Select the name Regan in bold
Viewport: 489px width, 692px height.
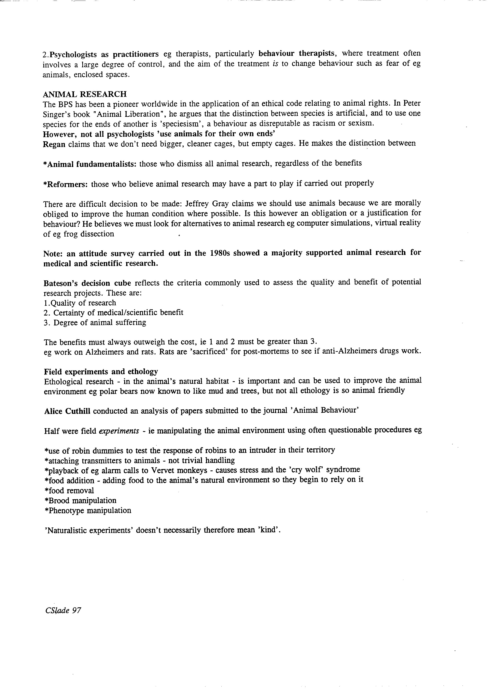(54, 144)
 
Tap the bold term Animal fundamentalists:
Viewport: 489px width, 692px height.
(90, 164)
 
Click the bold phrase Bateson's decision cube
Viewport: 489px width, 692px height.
(87, 283)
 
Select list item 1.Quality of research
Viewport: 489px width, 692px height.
(80, 303)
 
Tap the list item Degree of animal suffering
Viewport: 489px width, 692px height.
(100, 322)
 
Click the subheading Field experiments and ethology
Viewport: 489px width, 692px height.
(101, 371)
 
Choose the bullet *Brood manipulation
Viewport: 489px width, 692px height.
(80, 501)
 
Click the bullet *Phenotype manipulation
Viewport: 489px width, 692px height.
(88, 510)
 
